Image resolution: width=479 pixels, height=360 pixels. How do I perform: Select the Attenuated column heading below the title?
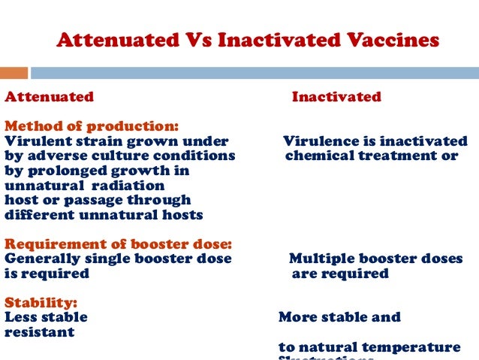[50, 97]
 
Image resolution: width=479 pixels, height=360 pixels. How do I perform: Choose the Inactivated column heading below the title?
[336, 97]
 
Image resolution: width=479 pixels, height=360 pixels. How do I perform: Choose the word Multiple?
[321, 259]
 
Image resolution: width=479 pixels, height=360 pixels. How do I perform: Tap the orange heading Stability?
[41, 303]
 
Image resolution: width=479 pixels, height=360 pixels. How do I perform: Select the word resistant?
[40, 332]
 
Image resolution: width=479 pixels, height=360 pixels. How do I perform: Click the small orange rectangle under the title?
[14, 73]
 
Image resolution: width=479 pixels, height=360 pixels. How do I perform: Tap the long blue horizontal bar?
[254, 73]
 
